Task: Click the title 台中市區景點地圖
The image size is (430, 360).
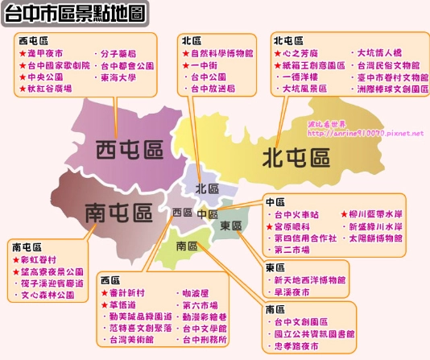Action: pyautogui.click(x=76, y=13)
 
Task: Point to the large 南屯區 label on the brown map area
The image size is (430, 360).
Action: pyautogui.click(x=119, y=213)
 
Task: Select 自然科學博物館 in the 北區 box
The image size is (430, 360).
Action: pyautogui.click(x=221, y=53)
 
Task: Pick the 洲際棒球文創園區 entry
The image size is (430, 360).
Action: pyautogui.click(x=392, y=89)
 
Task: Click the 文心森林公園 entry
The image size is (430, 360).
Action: pyautogui.click(x=48, y=296)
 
